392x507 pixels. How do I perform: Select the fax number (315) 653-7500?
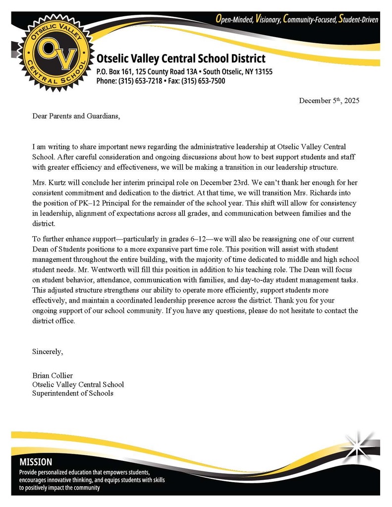pyautogui.click(x=205, y=81)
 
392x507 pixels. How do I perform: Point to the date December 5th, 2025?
pyautogui.click(x=329, y=101)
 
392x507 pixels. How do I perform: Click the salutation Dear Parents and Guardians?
pyautogui.click(x=76, y=116)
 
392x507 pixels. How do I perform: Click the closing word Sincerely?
pyautogui.click(x=48, y=353)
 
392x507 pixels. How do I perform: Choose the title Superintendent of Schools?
pyautogui.click(x=72, y=393)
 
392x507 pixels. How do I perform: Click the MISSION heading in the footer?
pyautogui.click(x=35, y=462)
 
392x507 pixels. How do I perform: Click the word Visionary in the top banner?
pyautogui.click(x=268, y=20)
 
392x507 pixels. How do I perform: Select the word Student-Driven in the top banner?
pyautogui.click(x=358, y=20)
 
